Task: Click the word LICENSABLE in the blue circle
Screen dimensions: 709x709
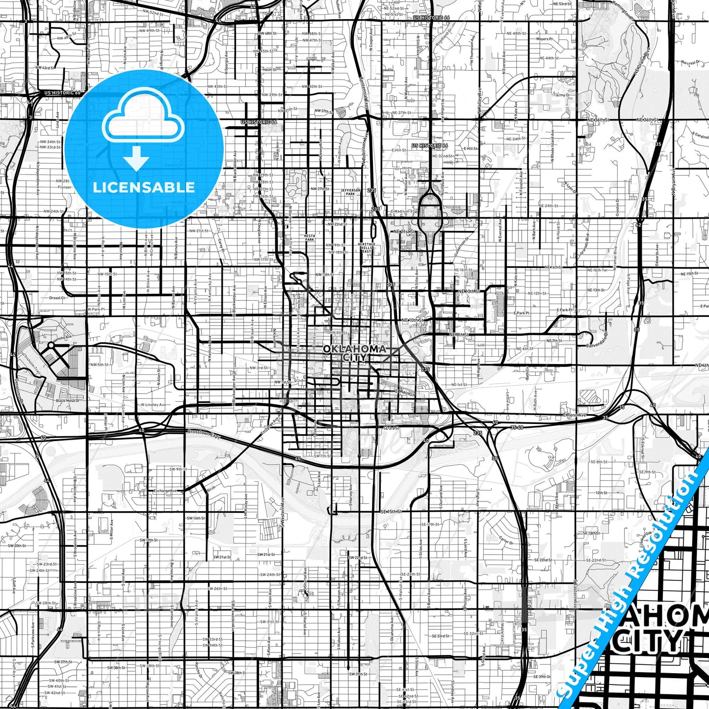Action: [x=144, y=187]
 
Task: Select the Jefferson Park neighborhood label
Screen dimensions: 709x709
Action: [x=351, y=192]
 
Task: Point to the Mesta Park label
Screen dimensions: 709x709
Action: [x=310, y=238]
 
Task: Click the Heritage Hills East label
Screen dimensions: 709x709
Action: [x=367, y=248]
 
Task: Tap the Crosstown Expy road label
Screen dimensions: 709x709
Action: [x=204, y=434]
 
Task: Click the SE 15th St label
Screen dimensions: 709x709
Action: [x=391, y=511]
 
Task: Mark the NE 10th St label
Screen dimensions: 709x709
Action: [x=412, y=320]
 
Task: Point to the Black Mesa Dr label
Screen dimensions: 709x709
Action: [x=67, y=401]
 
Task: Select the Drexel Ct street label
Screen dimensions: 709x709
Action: [x=57, y=298]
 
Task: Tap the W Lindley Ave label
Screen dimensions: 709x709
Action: [x=153, y=405]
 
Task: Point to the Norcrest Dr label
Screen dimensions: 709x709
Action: [x=688, y=63]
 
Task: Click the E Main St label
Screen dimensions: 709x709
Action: [x=405, y=393]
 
